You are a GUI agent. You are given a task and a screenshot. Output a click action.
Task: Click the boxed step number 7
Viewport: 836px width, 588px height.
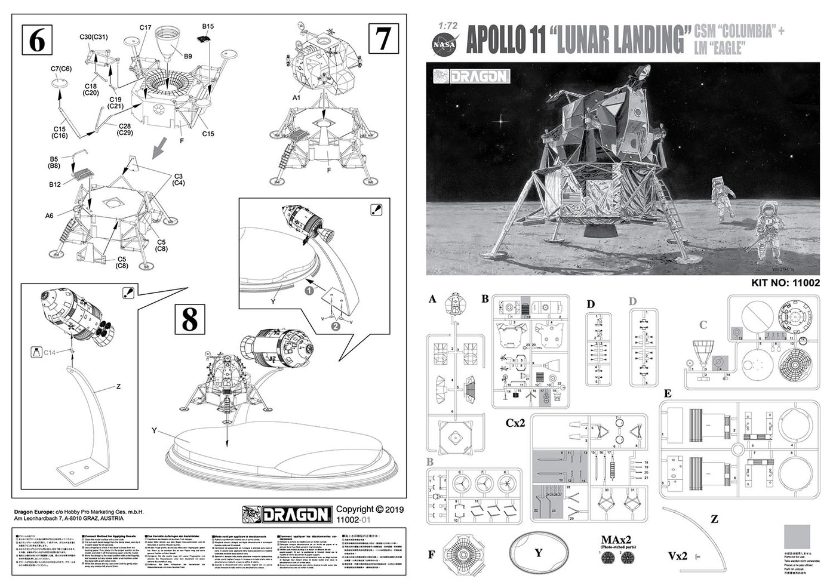(x=382, y=39)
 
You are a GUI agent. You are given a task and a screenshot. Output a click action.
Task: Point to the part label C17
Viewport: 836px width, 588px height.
(x=146, y=27)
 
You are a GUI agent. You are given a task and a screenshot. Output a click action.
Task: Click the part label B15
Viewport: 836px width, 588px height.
(x=208, y=27)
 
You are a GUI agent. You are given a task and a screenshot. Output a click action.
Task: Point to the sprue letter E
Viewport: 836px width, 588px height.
(x=668, y=393)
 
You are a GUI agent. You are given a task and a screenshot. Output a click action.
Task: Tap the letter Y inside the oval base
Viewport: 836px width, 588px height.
(x=538, y=552)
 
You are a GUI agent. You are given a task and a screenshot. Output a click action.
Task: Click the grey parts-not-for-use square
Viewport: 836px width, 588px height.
(x=797, y=540)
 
